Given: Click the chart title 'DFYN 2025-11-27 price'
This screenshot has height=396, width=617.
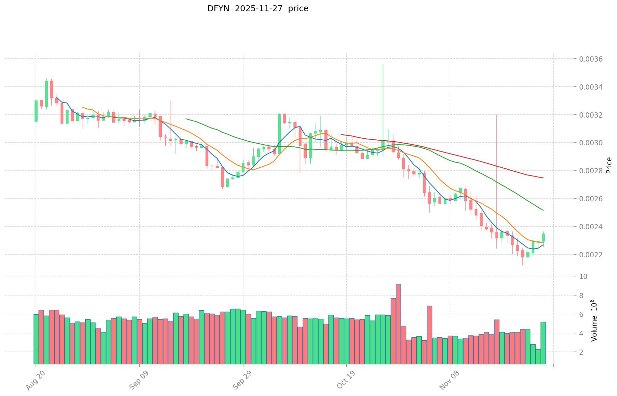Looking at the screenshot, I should pyautogui.click(x=258, y=9).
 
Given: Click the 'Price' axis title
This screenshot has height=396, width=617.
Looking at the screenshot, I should pyautogui.click(x=609, y=165).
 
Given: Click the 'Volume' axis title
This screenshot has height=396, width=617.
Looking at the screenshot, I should pyautogui.click(x=594, y=320).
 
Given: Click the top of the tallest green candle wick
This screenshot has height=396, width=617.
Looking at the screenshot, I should pyautogui.click(x=383, y=64).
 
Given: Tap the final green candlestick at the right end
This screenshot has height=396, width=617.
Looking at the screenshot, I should pyautogui.click(x=543, y=237).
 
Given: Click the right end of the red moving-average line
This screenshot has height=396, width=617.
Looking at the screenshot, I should pyautogui.click(x=543, y=178).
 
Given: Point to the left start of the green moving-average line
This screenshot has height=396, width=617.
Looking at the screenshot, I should pyautogui.click(x=186, y=119).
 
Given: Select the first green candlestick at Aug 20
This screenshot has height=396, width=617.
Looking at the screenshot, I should pyautogui.click(x=36, y=111).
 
